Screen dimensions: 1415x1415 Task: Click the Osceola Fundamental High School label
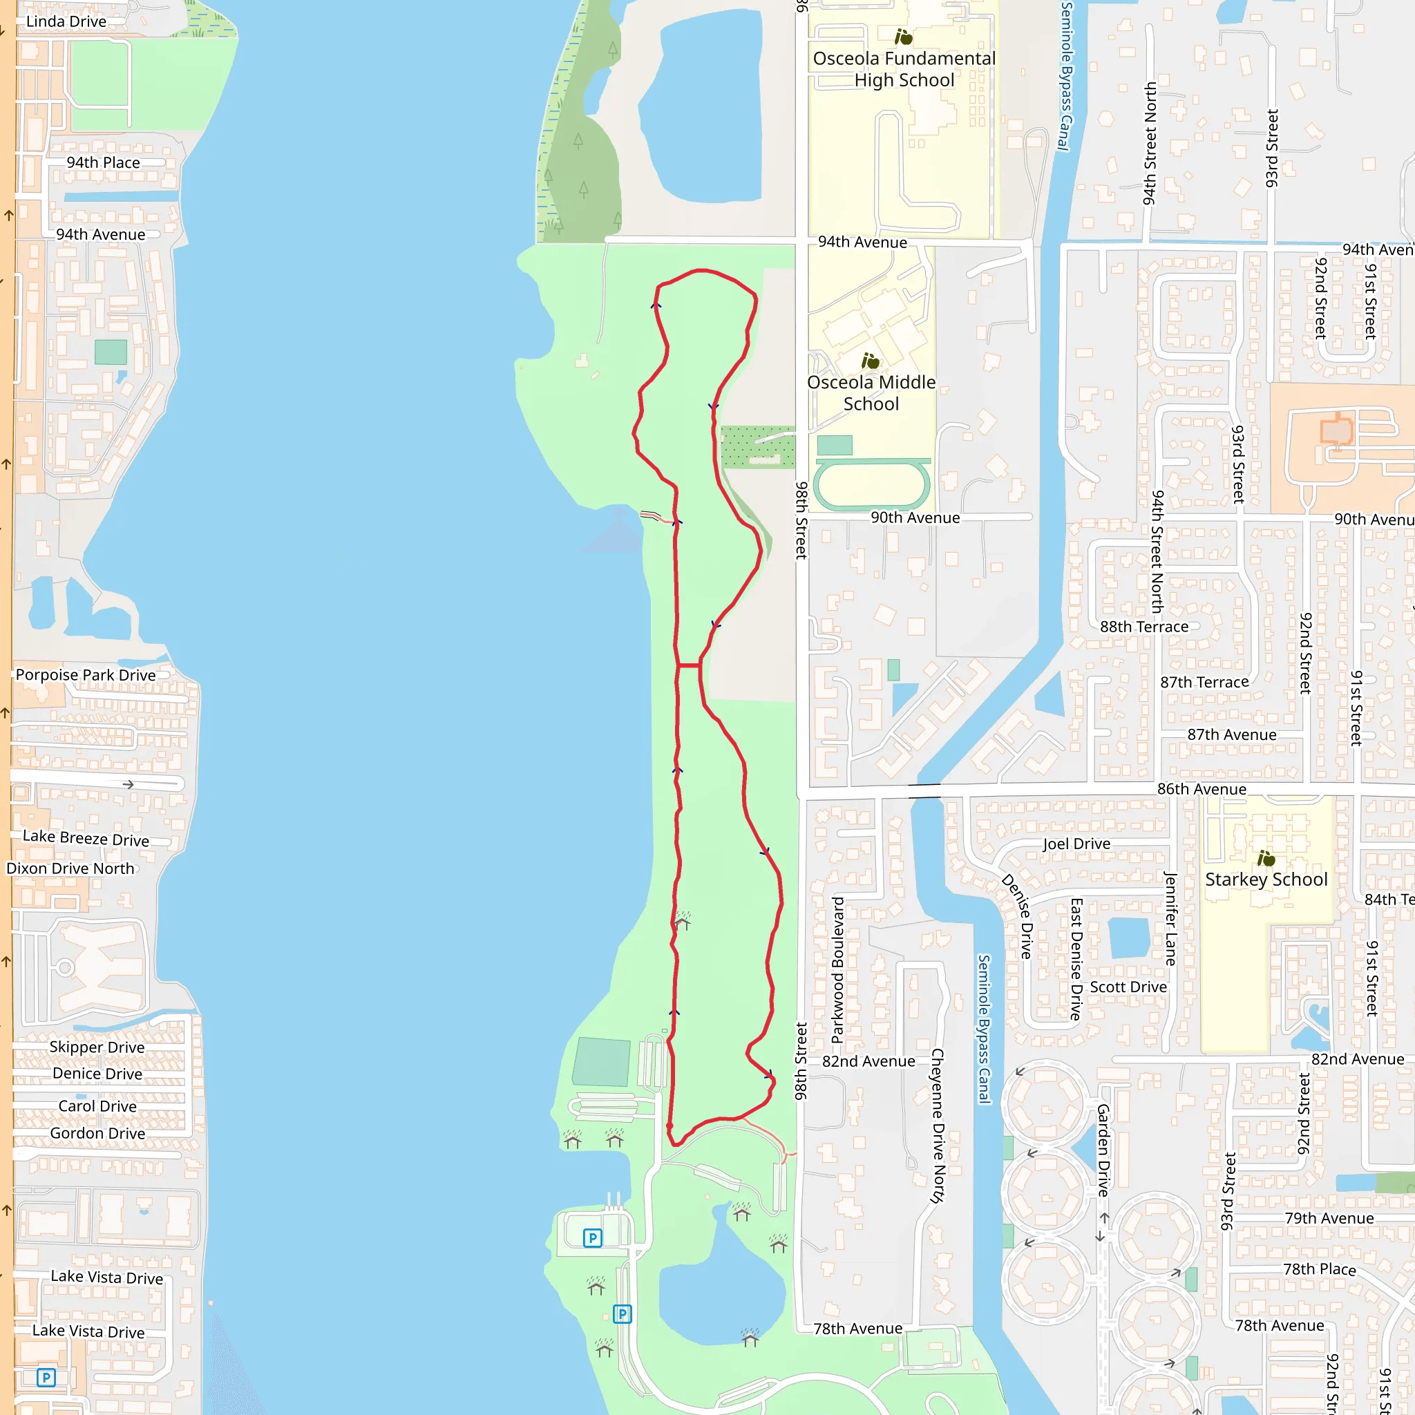[904, 69]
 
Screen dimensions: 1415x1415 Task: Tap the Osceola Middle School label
[871, 392]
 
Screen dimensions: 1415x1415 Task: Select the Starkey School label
[1266, 879]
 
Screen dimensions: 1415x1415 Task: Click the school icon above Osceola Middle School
[870, 361]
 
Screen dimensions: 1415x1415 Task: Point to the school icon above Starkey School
[1266, 857]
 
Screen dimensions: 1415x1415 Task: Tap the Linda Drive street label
[66, 21]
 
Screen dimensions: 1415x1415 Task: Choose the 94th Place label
[103, 162]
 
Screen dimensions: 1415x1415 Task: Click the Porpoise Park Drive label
[86, 674]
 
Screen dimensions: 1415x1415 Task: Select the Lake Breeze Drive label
[86, 838]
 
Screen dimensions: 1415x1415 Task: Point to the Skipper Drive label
[97, 1047]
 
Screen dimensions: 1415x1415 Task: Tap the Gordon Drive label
[97, 1133]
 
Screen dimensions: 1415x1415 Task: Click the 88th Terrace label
[1144, 626]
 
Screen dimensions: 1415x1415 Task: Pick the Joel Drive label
[1076, 844]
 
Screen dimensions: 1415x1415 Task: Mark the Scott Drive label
[1128, 987]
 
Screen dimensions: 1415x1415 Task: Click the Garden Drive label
[1103, 1150]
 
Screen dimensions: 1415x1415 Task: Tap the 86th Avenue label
[1201, 789]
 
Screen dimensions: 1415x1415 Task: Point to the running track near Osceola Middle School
[871, 484]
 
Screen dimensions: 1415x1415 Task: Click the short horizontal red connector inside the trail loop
[688, 666]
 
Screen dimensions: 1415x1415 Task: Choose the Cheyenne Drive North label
[937, 1125]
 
